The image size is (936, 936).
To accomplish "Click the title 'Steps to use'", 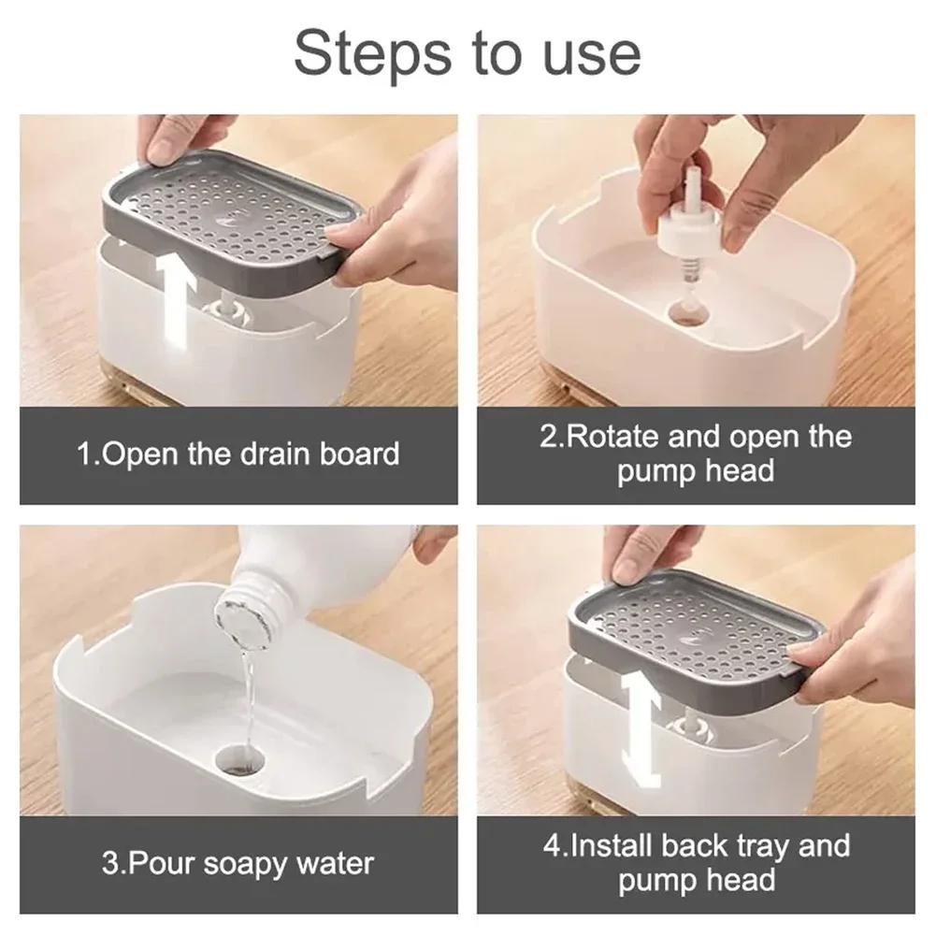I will [468, 54].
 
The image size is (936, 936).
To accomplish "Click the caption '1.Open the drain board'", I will [238, 454].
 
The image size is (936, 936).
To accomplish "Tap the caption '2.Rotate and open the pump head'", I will [696, 453].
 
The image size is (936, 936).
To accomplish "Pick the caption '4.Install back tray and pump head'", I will [696, 862].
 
